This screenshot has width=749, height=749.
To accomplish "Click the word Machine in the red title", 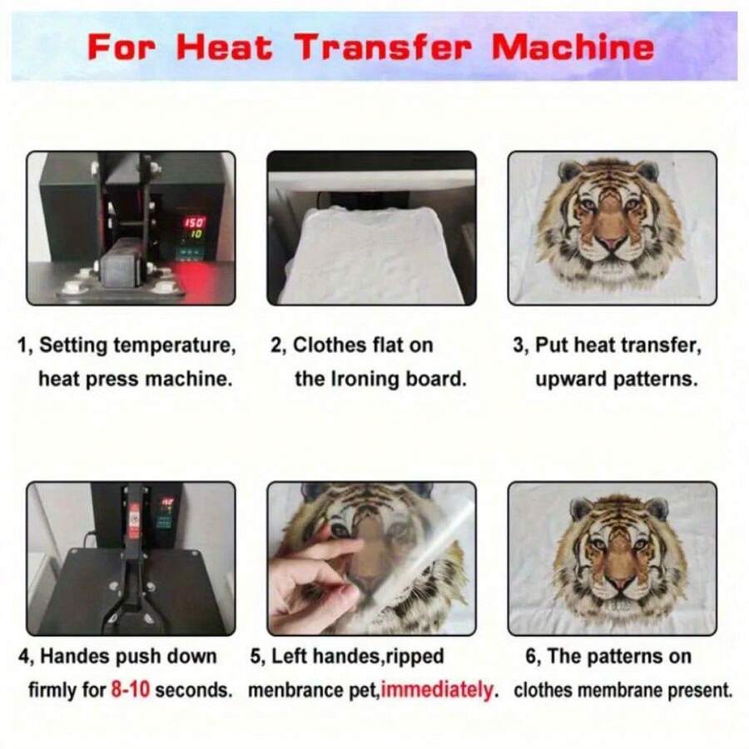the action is [x=573, y=47].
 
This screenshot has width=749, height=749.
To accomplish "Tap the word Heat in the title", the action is [x=224, y=47].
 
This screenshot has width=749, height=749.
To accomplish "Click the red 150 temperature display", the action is [x=195, y=222].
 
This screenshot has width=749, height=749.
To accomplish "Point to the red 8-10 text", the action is [x=131, y=689].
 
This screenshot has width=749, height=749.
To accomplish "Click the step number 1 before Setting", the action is [x=22, y=345].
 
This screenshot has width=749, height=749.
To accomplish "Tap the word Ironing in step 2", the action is [x=364, y=379].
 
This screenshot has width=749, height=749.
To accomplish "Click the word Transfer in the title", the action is [x=383, y=47].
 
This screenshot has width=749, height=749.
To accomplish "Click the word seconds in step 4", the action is [x=193, y=690].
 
